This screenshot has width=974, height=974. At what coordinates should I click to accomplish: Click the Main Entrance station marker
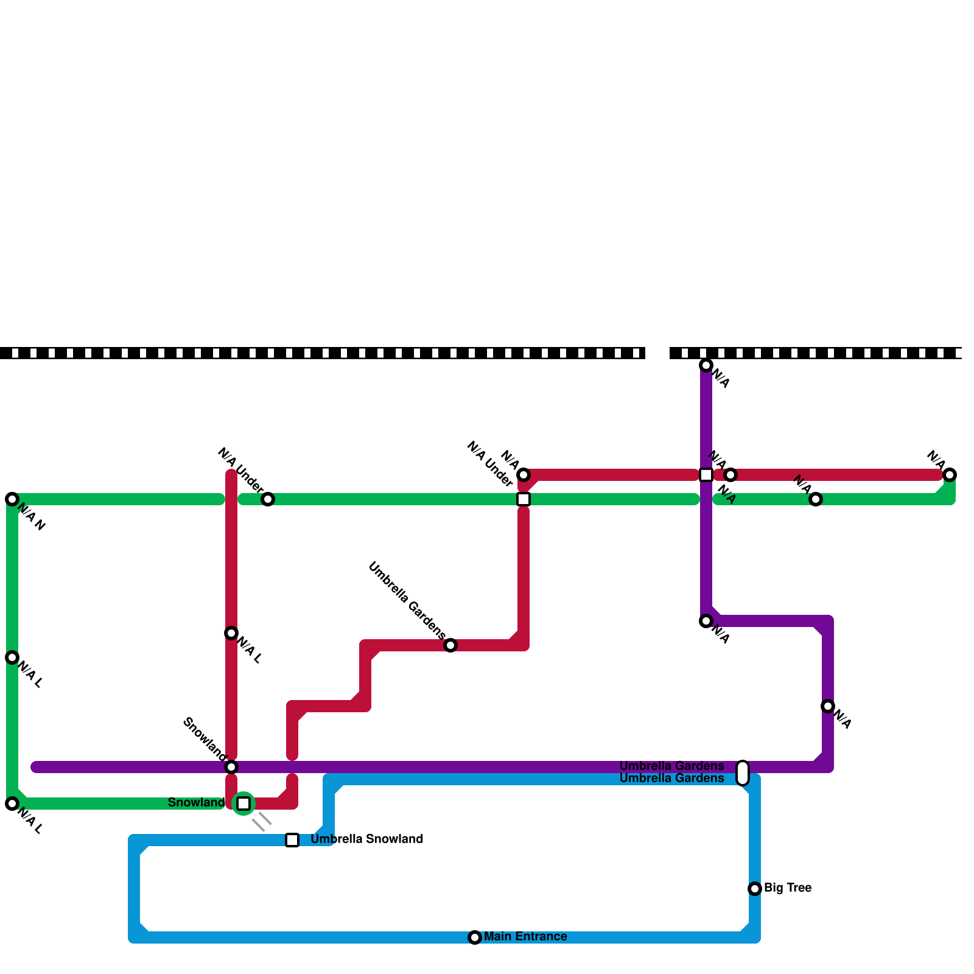pyautogui.click(x=475, y=937)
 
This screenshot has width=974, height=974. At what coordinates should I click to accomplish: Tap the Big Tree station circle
pyautogui.click(x=755, y=889)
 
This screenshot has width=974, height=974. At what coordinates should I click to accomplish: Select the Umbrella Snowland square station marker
pyautogui.click(x=292, y=840)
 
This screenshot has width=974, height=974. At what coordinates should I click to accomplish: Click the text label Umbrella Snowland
pyautogui.click(x=366, y=839)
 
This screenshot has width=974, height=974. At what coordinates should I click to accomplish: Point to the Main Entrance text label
pyautogui.click(x=525, y=936)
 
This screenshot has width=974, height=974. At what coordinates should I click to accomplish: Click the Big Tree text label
pyautogui.click(x=787, y=888)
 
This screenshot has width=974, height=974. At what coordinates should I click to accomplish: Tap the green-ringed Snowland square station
pyautogui.click(x=243, y=804)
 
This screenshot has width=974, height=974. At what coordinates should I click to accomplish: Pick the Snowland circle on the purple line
pyautogui.click(x=231, y=767)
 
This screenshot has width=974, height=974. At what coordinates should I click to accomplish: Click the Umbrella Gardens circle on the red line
pyautogui.click(x=450, y=645)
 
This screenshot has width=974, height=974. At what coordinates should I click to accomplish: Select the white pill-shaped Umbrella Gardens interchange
pyautogui.click(x=743, y=773)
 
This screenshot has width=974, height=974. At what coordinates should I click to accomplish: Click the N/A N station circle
pyautogui.click(x=12, y=499)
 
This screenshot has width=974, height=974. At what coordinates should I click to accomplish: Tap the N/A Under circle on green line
pyautogui.click(x=268, y=499)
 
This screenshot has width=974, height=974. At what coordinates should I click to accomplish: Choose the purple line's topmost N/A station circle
pyautogui.click(x=706, y=365)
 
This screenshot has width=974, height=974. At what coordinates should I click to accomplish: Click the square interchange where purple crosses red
pyautogui.click(x=706, y=475)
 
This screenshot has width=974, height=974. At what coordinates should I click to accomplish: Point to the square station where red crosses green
pyautogui.click(x=524, y=499)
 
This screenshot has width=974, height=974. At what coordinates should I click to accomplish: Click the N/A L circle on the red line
pyautogui.click(x=231, y=633)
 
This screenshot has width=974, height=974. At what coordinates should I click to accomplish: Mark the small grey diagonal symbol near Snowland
pyautogui.click(x=262, y=822)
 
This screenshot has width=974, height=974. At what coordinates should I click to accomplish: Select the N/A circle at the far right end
pyautogui.click(x=950, y=475)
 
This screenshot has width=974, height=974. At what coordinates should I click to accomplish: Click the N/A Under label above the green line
pyautogui.click(x=240, y=471)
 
